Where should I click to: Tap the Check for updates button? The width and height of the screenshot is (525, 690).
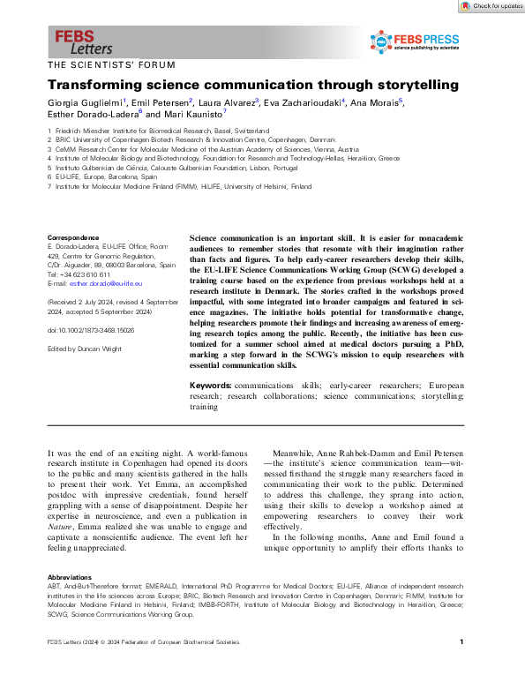point(491,6)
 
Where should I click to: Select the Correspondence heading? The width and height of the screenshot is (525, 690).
point(72,237)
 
